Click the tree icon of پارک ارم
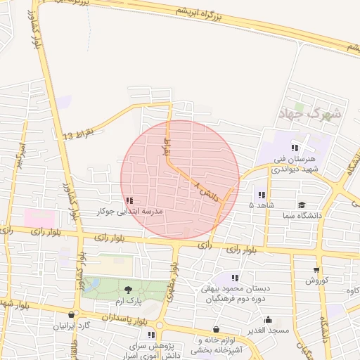pyautogui.click(x=128, y=289)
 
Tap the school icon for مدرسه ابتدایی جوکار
pyautogui.click(x=129, y=200)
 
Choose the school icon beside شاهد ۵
pyautogui.click(x=261, y=195)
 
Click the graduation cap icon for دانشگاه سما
pyautogui.click(x=302, y=205)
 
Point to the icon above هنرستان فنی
pyautogui.click(x=295, y=148)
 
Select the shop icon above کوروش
pyautogui.click(x=316, y=269)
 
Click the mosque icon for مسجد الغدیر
pyautogui.click(x=268, y=319)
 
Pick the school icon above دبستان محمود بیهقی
pyautogui.click(x=234, y=278)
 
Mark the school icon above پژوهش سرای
pyautogui.click(x=151, y=335)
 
